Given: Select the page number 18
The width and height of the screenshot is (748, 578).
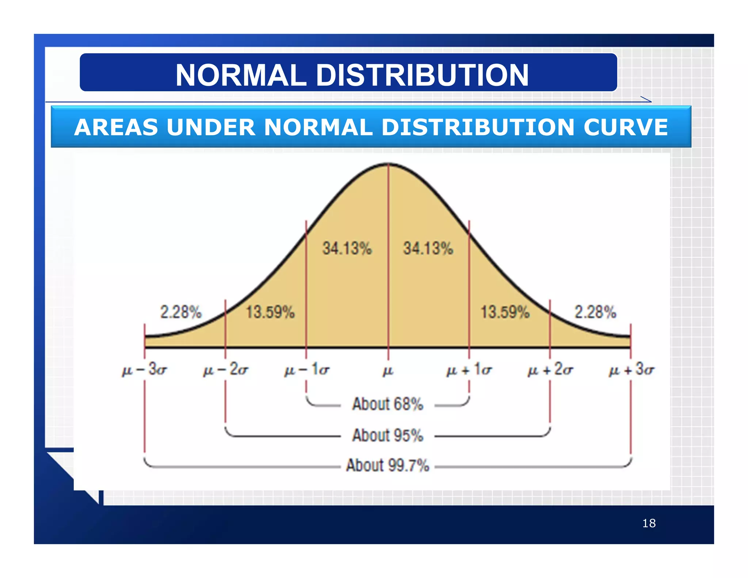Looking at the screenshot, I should pyautogui.click(x=649, y=523).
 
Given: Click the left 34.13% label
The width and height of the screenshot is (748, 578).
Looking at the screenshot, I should pyautogui.click(x=347, y=248).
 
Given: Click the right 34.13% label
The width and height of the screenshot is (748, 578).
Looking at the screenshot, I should pyautogui.click(x=428, y=248).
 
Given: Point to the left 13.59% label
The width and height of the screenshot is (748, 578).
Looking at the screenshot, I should pyautogui.click(x=270, y=312).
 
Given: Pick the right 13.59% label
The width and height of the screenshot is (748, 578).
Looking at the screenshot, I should pyautogui.click(x=505, y=312).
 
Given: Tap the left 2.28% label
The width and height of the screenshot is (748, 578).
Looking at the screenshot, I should pyautogui.click(x=181, y=312).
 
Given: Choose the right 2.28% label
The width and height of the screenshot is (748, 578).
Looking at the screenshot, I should pyautogui.click(x=595, y=312).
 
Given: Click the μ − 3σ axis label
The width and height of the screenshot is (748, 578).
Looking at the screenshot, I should pyautogui.click(x=145, y=370).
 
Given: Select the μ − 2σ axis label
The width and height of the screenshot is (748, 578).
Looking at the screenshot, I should pyautogui.click(x=226, y=370).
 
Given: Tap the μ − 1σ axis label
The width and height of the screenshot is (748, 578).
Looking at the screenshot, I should pyautogui.click(x=307, y=370).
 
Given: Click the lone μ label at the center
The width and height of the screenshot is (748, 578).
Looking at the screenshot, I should pyautogui.click(x=388, y=371).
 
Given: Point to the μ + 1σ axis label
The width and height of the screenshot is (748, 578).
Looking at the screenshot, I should pyautogui.click(x=469, y=370).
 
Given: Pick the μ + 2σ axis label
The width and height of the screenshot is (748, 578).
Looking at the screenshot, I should pyautogui.click(x=550, y=370).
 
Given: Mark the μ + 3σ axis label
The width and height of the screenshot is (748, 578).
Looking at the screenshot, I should pyautogui.click(x=631, y=370).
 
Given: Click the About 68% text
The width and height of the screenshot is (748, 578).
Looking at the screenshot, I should pyautogui.click(x=388, y=404).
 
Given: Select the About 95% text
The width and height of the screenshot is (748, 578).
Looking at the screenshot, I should pyautogui.click(x=388, y=436).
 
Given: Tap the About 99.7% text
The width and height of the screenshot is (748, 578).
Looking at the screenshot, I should pyautogui.click(x=388, y=465).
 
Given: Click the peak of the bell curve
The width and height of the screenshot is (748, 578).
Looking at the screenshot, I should pyautogui.click(x=388, y=164).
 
